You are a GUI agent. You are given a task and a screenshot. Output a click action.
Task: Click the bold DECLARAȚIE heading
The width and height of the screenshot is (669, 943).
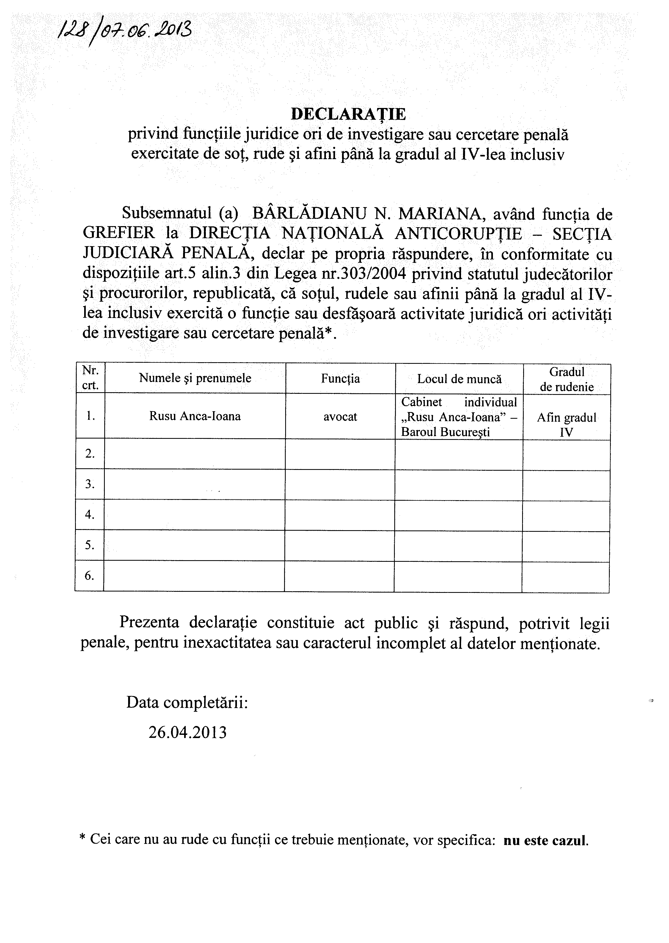tap(348, 114)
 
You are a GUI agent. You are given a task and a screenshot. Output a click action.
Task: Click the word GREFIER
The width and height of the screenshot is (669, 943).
tap(119, 234)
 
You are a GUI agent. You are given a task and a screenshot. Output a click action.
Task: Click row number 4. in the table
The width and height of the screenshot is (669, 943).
tap(90, 514)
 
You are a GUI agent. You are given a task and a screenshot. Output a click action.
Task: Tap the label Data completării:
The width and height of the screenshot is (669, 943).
tap(187, 702)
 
